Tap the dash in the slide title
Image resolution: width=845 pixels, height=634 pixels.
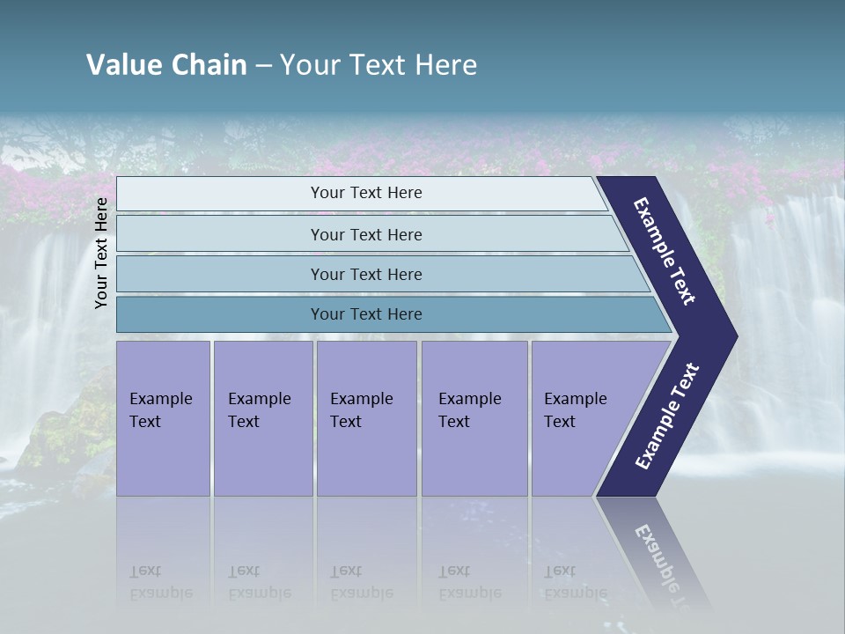[x=263, y=65]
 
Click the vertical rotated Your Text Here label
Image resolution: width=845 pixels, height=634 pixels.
[x=101, y=253]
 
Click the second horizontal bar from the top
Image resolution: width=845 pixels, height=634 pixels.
[x=365, y=234]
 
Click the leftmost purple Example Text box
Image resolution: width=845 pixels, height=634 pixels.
[x=163, y=417]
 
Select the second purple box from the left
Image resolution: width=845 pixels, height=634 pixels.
[x=262, y=417]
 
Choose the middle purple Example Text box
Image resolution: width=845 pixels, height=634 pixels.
[x=366, y=417]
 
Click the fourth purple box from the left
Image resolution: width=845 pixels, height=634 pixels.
[x=474, y=417]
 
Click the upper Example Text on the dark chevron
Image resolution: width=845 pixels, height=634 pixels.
[x=665, y=250]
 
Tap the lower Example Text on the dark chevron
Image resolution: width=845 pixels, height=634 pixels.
[x=666, y=417]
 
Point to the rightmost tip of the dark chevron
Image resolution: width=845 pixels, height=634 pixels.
[x=735, y=336]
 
